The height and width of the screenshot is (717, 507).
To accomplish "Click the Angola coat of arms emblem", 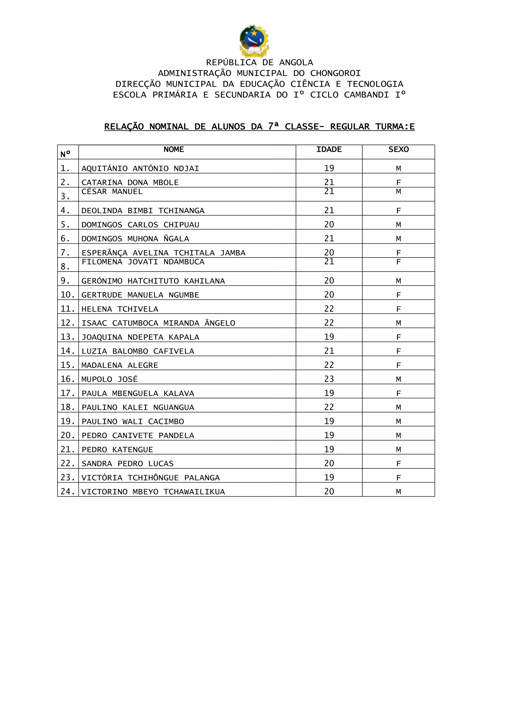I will click(x=254, y=41).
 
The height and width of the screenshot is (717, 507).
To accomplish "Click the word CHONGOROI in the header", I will click(x=335, y=73).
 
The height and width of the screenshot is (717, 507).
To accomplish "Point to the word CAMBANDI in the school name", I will click(x=367, y=95).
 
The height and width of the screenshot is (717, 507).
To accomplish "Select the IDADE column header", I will click(x=329, y=150).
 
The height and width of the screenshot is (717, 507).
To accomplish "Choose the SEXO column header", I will click(x=398, y=150).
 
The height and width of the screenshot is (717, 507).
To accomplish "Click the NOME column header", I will click(x=174, y=150).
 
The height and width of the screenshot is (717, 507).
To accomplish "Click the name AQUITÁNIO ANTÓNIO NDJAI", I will click(x=140, y=169).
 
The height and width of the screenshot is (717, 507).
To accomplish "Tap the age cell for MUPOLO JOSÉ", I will click(x=329, y=379).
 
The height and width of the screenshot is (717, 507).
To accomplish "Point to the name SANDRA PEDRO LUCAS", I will click(x=127, y=464).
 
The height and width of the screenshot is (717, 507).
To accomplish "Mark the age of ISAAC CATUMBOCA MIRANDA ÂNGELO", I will click(x=329, y=323).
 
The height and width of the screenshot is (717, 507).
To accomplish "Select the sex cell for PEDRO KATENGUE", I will click(x=398, y=450).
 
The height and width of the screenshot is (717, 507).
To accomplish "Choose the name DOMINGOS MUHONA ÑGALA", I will click(x=135, y=239).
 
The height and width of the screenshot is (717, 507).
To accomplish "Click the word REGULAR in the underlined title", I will click(x=350, y=127).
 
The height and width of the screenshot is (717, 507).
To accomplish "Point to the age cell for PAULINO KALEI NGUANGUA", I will click(x=329, y=407).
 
